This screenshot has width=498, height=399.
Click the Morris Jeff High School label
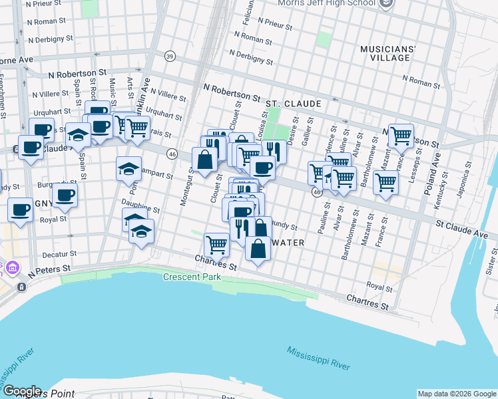click(338, 3)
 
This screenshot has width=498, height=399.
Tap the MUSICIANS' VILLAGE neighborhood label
click(387, 53)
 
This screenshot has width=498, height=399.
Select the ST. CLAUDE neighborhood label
click(293, 104)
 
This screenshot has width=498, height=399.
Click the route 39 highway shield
click(170, 56)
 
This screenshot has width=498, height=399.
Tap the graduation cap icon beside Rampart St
click(129, 168)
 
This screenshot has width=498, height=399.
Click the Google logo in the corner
click(21, 391)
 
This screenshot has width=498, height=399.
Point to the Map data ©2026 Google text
click(457, 394)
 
